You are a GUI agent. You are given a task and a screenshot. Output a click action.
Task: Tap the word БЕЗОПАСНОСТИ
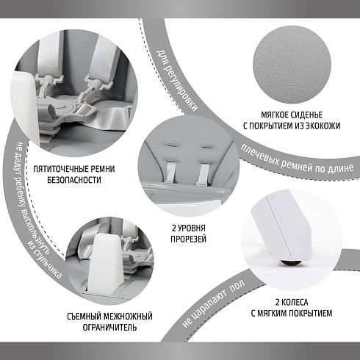click(74, 180)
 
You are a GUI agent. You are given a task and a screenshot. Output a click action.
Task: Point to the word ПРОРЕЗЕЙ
click(188, 239)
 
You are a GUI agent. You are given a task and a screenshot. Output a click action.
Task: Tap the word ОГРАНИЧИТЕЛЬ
click(109, 327)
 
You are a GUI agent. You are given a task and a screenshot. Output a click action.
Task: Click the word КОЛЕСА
click(295, 302)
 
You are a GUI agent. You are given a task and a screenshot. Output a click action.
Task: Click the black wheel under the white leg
click(291, 262)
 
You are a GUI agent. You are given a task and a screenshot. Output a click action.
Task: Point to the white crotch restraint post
click(106, 262)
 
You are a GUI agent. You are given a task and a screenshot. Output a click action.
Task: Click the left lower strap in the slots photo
click(170, 173)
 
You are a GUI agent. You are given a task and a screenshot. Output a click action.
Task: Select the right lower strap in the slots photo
click(204, 174)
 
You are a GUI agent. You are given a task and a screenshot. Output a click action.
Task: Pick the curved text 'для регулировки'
click(176, 80)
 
